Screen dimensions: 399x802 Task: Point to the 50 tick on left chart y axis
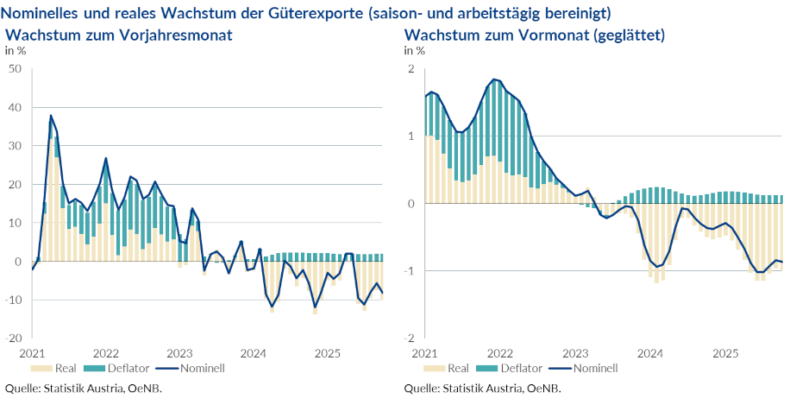(15, 69)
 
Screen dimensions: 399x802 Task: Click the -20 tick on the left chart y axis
(13, 338)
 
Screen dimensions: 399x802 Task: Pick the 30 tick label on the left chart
(15, 146)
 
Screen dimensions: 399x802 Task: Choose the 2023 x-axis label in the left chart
(179, 353)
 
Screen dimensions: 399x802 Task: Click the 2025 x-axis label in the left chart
(328, 353)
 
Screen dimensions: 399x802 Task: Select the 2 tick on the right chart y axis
(411, 69)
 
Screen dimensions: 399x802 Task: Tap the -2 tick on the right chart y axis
(410, 338)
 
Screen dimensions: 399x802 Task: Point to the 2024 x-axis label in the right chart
(650, 353)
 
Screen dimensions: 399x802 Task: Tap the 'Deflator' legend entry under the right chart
(516, 368)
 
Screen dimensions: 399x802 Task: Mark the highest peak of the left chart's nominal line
(51, 115)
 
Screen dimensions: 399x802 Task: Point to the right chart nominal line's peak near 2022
(494, 79)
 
